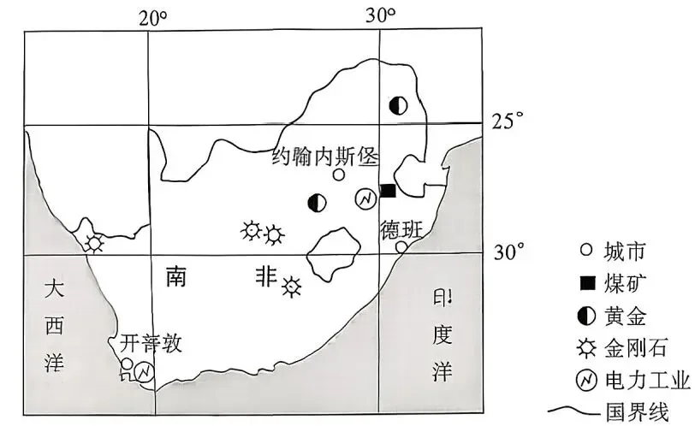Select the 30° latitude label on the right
pos(505,252)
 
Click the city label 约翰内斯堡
pos(324,156)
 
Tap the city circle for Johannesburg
pos(339,175)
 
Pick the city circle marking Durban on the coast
pos(401,247)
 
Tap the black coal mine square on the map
pos(388,190)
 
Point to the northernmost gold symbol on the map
pos(397,105)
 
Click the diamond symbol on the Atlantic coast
pos(93,242)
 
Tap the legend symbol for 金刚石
pos(586,348)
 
